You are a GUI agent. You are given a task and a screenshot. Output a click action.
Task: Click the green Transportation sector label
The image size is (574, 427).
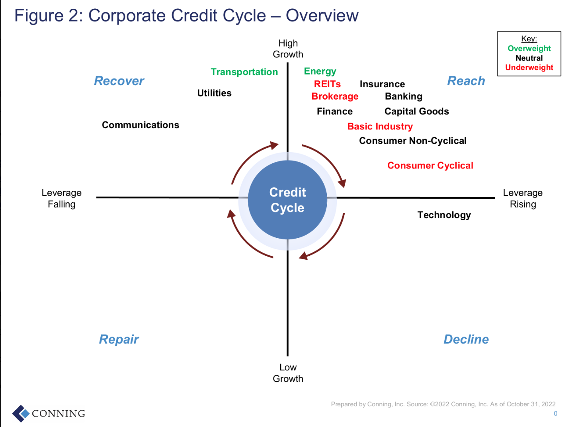coord(244,72)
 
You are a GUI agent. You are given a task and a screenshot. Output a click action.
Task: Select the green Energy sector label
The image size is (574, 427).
coord(320,71)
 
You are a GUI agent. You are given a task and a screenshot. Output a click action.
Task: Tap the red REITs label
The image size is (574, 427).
coord(327,84)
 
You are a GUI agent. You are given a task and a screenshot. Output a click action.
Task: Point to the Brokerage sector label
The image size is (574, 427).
coord(335,96)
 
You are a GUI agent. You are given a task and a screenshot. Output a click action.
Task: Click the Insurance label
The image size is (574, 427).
coord(382,84)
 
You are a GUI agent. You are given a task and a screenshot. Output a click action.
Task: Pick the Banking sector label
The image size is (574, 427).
coord(404,96)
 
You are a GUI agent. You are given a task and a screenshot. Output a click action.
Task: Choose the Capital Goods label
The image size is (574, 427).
coord(417,112)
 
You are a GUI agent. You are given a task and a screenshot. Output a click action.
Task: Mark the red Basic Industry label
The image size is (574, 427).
coord(380,126)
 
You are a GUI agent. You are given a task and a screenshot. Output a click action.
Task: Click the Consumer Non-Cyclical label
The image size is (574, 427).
coord(412,141)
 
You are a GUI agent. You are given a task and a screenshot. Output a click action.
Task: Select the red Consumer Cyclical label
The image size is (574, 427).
coord(430,165)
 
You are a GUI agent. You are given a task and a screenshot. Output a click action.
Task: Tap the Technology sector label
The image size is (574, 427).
coord(444,215)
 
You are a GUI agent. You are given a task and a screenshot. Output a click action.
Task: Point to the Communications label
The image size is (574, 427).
coord(141,125)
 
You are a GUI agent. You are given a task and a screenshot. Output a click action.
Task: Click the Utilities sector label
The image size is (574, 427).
coord(214,93)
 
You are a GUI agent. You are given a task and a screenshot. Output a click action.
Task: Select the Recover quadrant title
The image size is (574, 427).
coord(119,81)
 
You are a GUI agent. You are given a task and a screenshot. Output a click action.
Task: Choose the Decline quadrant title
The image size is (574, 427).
coord(466,339)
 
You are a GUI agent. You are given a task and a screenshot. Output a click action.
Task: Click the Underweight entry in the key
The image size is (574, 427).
coord(529,67)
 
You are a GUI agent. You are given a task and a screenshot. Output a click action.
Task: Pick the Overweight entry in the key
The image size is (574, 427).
coord(529,49)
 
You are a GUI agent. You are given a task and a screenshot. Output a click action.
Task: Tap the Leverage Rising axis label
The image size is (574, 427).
coord(523,198)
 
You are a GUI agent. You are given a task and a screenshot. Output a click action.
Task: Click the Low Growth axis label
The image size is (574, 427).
coord(288,373)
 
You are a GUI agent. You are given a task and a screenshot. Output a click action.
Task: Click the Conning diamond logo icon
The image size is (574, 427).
coord(21,413)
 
